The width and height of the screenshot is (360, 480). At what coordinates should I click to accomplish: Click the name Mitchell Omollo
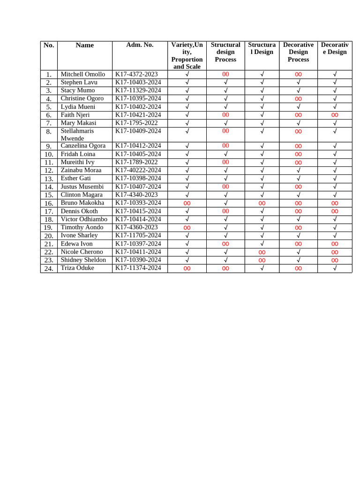pyautogui.click(x=83, y=74)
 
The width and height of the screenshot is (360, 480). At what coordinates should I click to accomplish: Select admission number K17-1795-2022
pyautogui.click(x=136, y=123)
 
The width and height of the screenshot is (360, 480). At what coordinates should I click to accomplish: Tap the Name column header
pyautogui.click(x=84, y=45)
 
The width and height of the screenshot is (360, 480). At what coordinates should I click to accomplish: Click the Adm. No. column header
pyautogui.click(x=140, y=45)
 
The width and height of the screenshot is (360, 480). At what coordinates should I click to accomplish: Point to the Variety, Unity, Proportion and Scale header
pyautogui.click(x=187, y=55)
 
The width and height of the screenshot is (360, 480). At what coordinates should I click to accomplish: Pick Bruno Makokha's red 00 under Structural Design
pyautogui.click(x=262, y=203)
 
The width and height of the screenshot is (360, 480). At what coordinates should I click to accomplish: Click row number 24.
pyautogui.click(x=49, y=268)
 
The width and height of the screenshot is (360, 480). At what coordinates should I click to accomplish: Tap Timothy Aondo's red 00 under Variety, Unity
pyautogui.click(x=187, y=227)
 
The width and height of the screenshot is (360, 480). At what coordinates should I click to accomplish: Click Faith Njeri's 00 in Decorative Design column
pyautogui.click(x=335, y=115)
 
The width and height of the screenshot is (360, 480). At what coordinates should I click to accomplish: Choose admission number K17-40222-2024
pyautogui.click(x=138, y=170)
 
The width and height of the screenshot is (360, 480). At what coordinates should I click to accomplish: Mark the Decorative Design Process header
pyautogui.click(x=298, y=52)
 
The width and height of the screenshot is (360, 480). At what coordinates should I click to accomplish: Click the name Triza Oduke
pyautogui.click(x=77, y=268)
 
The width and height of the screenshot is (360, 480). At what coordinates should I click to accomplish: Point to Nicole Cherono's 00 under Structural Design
pyautogui.click(x=262, y=252)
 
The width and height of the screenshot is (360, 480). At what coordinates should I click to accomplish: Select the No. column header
pyautogui.click(x=49, y=45)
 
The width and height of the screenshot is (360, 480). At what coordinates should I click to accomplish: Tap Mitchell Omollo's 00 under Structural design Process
pyautogui.click(x=225, y=74)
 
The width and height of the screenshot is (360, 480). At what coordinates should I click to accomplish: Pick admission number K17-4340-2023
pyautogui.click(x=136, y=195)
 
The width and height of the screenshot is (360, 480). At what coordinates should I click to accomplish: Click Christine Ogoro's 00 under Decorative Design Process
pyautogui.click(x=298, y=98)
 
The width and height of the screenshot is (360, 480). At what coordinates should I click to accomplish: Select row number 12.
pyautogui.click(x=49, y=171)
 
